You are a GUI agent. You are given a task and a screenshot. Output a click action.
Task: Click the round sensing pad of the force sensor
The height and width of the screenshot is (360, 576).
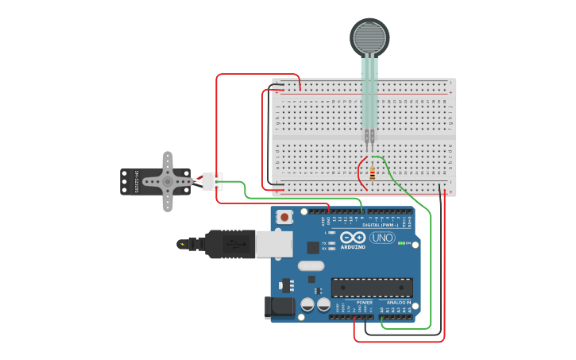coord(370,37)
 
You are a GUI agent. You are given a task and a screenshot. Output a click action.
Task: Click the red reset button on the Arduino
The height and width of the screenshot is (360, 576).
coord(285,216)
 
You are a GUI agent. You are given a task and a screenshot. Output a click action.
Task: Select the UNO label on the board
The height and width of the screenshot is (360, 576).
coord(382,238)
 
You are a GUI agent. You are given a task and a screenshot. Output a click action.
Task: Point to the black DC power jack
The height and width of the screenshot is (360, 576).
coord(274,307)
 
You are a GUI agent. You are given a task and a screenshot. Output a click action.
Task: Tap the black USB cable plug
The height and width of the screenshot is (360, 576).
coord(230,244)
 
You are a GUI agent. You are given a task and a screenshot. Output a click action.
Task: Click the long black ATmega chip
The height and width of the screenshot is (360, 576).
coord(372,287)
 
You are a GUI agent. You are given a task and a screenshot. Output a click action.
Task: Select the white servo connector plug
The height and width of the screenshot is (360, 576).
coord(212,182)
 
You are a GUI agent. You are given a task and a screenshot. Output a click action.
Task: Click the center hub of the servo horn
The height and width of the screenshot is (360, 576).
coord(168,181)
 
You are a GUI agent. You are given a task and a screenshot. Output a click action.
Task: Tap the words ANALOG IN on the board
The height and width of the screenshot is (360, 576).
coord(398,303)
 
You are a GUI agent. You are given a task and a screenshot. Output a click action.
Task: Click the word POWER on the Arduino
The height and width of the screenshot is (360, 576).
coord(365,303)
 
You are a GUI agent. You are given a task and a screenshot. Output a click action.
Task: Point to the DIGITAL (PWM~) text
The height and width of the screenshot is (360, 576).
coord(381,225)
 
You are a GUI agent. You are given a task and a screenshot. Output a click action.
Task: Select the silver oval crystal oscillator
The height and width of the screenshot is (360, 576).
coord(312,266)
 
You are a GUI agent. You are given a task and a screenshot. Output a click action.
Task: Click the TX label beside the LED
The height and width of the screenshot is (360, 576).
coord(324,243)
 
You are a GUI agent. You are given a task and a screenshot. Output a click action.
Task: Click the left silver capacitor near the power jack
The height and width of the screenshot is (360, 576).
coord(307,304)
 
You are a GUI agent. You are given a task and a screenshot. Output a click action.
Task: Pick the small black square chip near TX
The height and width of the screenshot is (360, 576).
coord(313,247)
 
